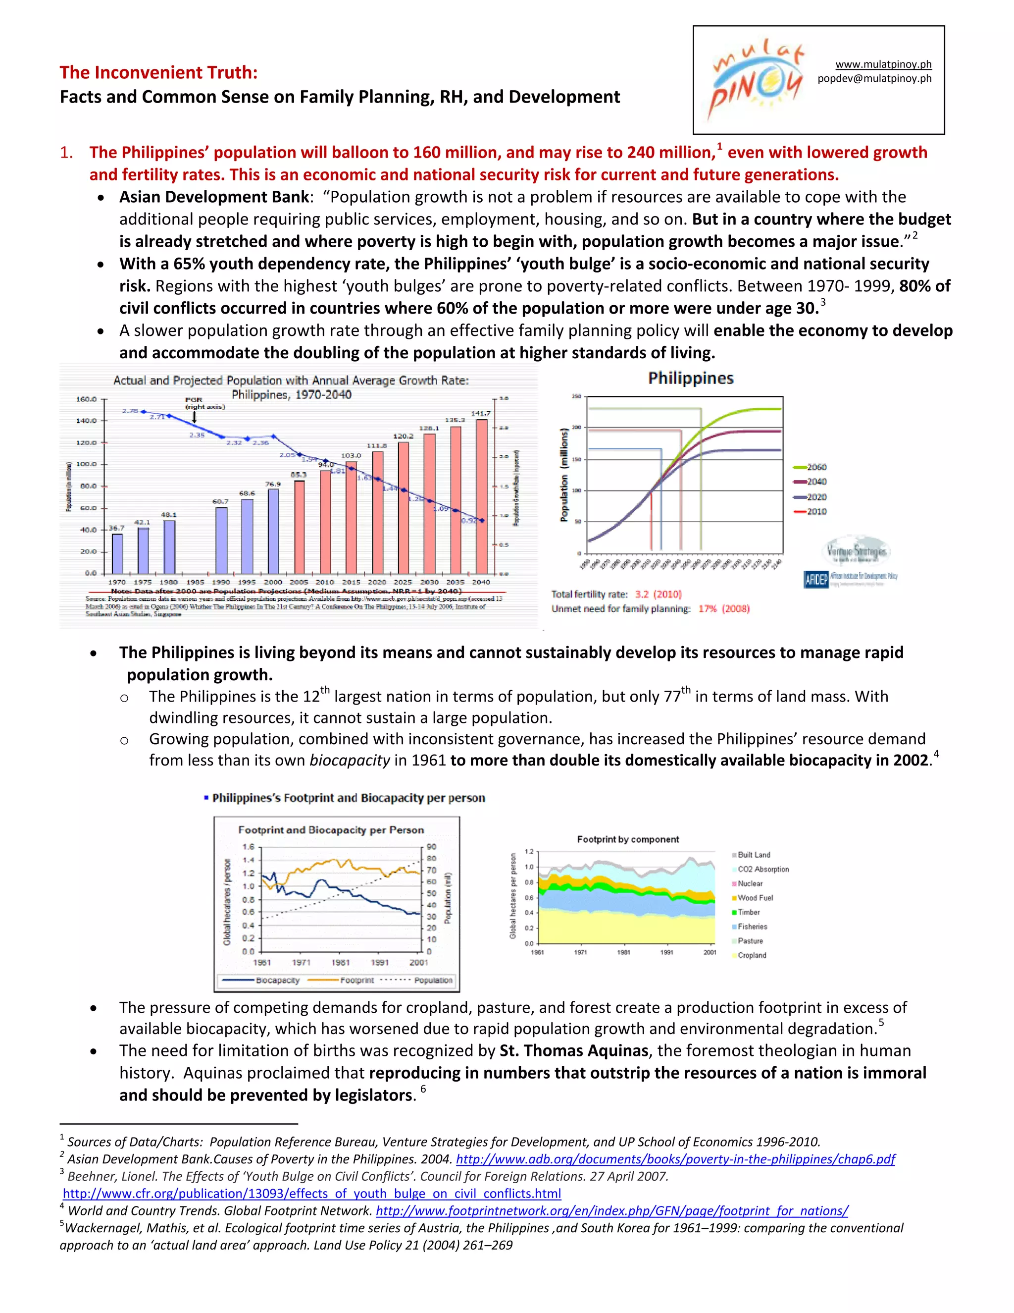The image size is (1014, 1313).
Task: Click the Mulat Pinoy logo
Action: tap(757, 80)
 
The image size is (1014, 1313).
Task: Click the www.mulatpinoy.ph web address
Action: tap(883, 64)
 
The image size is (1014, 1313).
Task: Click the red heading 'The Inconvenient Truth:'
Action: tap(158, 72)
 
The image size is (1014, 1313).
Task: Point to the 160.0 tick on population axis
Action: tap(86, 399)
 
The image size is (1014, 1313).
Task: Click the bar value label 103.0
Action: tap(351, 456)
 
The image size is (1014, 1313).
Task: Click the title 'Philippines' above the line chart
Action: tap(690, 378)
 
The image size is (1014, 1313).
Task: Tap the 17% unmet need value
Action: tap(707, 608)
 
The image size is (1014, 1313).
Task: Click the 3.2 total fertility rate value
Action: tap(642, 594)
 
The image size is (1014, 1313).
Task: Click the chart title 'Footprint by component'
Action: tap(627, 839)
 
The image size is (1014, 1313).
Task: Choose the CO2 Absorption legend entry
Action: tap(762, 870)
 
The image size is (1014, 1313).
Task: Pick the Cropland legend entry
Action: tap(751, 955)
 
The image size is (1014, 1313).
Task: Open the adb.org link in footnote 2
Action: tap(675, 1158)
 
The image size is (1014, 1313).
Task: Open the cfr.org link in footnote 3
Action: tap(312, 1194)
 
